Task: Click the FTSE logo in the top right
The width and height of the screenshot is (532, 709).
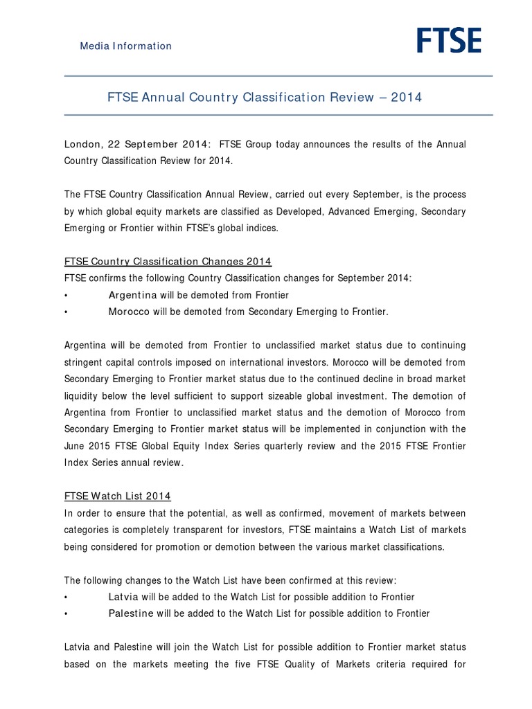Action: [x=449, y=40]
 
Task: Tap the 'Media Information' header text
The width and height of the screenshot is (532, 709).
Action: [x=125, y=46]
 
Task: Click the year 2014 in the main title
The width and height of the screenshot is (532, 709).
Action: [x=406, y=98]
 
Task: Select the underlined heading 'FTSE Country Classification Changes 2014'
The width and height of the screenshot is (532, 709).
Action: [x=168, y=261]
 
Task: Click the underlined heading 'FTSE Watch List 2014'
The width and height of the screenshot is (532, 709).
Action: [x=117, y=496]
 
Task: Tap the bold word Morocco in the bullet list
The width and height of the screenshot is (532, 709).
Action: [x=129, y=312]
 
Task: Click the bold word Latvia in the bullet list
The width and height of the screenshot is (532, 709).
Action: [x=123, y=597]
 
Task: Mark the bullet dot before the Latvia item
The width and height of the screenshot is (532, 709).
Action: [x=66, y=598]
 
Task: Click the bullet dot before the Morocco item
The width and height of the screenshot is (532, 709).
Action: [x=66, y=312]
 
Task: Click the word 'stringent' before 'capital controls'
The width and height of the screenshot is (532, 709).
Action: [x=86, y=362]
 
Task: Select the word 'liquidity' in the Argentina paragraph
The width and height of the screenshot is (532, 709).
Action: [x=82, y=395]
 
